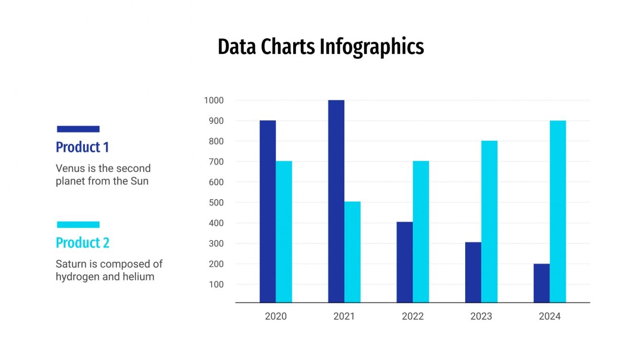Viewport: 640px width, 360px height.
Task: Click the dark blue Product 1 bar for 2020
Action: (x=267, y=211)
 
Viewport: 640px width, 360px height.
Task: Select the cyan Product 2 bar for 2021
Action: (x=352, y=252)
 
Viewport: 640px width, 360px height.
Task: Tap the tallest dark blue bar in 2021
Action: (x=336, y=201)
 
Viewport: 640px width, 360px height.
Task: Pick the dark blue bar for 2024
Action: (x=541, y=283)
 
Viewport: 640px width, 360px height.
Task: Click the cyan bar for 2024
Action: (x=558, y=211)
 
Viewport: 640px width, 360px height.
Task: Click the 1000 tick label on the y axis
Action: (x=214, y=101)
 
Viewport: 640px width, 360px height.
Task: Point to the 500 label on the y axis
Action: (x=216, y=202)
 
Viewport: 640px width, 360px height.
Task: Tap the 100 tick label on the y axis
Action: (x=216, y=284)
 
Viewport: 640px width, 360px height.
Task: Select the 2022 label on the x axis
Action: (x=412, y=316)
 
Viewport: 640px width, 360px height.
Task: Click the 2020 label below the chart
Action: (x=275, y=316)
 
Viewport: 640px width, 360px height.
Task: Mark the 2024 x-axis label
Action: (x=549, y=316)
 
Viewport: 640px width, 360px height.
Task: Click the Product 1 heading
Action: (x=82, y=147)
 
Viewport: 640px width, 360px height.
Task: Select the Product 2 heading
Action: (x=82, y=243)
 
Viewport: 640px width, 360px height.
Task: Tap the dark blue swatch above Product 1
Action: (x=78, y=129)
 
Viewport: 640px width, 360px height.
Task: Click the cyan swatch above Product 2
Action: (x=78, y=225)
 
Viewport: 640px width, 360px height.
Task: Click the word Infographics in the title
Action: (x=372, y=47)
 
